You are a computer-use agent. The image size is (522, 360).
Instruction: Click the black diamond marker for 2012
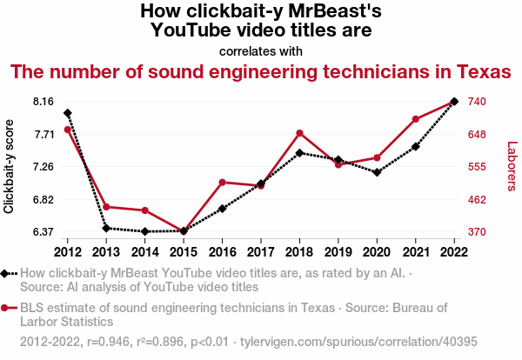coord(68,113)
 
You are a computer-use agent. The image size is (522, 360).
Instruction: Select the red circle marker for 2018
coord(299,133)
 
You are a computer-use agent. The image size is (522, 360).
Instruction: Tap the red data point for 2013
coord(106,207)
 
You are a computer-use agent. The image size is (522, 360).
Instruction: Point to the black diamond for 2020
coord(377,172)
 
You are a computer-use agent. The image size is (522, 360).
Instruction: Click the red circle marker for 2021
coord(415,119)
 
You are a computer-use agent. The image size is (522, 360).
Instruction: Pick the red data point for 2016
coord(222,183)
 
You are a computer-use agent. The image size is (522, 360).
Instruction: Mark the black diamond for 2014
coord(144,231)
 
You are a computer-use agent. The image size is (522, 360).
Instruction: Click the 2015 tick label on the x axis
coord(184,251)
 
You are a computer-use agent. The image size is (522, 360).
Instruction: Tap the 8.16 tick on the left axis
coord(43,102)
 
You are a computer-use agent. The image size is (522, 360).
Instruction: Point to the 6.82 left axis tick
coord(43,199)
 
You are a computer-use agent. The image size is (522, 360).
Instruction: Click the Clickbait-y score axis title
coord(10,166)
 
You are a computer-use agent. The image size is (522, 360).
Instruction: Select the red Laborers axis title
coord(512,166)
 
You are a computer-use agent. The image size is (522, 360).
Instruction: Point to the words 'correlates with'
coord(260,50)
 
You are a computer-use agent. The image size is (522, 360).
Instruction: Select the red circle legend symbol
coord(5,308)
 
